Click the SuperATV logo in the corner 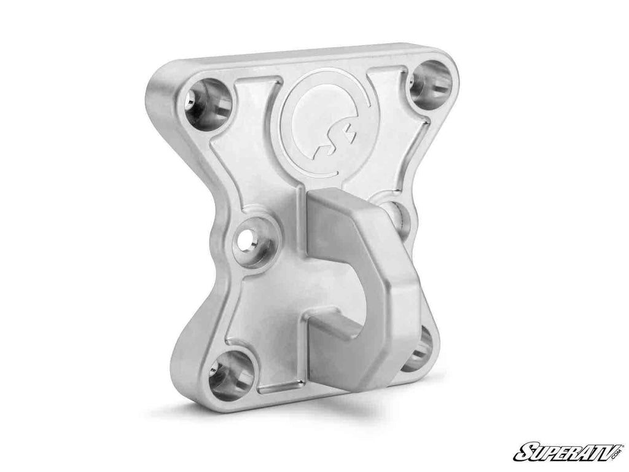click(x=568, y=452)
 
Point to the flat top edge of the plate click(x=307, y=55)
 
